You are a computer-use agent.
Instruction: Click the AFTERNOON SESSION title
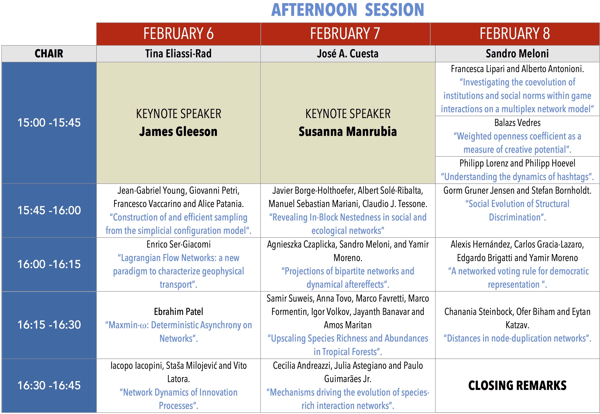pyautogui.click(x=347, y=10)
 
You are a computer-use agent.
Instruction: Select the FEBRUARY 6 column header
pyautogui.click(x=178, y=33)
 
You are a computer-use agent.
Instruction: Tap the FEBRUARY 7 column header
pyautogui.click(x=345, y=33)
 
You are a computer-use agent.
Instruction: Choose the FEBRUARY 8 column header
pyautogui.click(x=515, y=33)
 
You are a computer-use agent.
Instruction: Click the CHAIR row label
pyautogui.click(x=49, y=54)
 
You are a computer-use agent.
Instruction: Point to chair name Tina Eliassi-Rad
pyautogui.click(x=178, y=54)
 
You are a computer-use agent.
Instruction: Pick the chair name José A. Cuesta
pyautogui.click(x=347, y=54)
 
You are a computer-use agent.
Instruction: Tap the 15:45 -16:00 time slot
pyautogui.click(x=49, y=210)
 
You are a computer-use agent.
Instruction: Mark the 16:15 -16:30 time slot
pyautogui.click(x=49, y=325)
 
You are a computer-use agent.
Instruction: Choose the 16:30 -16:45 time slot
pyautogui.click(x=49, y=385)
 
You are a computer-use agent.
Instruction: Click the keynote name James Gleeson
pyautogui.click(x=178, y=132)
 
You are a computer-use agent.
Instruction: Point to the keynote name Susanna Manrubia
pyautogui.click(x=348, y=132)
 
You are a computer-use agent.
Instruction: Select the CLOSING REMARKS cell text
pyautogui.click(x=517, y=385)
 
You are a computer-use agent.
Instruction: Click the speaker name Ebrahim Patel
pyautogui.click(x=178, y=312)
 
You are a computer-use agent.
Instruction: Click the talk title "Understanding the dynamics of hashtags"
pyautogui.click(x=517, y=177)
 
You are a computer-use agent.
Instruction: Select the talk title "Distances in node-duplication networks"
pyautogui.click(x=517, y=338)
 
